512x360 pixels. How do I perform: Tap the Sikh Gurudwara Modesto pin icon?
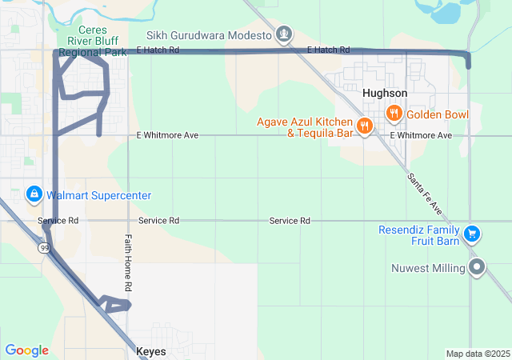click(x=283, y=34)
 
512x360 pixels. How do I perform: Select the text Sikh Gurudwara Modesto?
click(x=210, y=35)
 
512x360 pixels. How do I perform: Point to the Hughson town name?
click(x=385, y=94)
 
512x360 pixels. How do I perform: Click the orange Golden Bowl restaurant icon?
click(x=394, y=114)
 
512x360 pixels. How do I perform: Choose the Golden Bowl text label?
click(x=438, y=114)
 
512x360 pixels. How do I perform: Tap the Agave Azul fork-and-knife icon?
click(x=364, y=126)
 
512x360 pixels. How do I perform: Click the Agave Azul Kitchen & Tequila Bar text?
click(x=305, y=127)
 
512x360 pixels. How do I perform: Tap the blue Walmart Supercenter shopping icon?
click(x=34, y=194)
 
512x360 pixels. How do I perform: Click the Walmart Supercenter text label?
click(x=99, y=195)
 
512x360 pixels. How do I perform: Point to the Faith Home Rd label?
click(x=128, y=262)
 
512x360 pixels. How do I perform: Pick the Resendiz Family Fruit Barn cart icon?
click(x=472, y=234)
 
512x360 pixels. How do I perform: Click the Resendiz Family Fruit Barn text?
click(x=419, y=235)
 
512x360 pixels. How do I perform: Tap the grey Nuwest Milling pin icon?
click(x=478, y=267)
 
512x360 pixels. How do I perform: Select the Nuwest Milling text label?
click(x=428, y=268)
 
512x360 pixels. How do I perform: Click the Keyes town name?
click(x=152, y=352)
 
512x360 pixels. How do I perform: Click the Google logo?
click(x=26, y=350)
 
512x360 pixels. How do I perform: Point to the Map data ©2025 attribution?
click(x=477, y=354)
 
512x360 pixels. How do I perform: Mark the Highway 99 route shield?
click(x=46, y=249)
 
